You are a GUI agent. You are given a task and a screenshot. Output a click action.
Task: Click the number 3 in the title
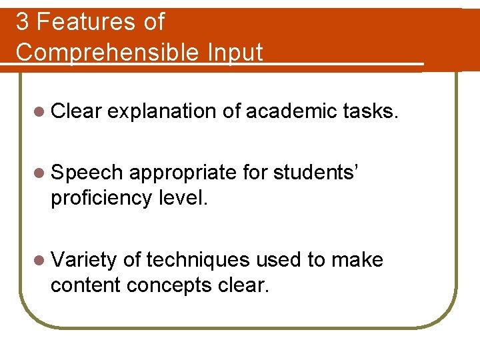click(23, 22)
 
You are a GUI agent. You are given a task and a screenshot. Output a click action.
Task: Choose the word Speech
click(87, 173)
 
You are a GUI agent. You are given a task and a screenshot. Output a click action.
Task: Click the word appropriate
click(183, 173)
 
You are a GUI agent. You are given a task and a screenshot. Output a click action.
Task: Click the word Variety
click(85, 260)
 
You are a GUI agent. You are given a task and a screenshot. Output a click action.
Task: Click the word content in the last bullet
click(85, 285)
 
